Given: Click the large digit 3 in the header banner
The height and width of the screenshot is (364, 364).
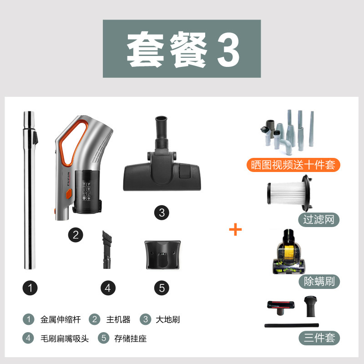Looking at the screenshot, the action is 228,50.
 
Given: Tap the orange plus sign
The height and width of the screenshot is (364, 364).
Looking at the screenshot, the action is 235,229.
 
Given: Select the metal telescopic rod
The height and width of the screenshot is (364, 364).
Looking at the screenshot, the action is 30,190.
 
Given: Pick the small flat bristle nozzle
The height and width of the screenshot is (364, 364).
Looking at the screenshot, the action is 107,249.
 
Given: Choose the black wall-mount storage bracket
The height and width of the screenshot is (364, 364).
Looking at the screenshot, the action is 162,255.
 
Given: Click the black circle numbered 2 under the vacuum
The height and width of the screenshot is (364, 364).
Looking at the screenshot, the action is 76,235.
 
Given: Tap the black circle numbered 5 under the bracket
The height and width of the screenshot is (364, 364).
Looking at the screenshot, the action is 162,288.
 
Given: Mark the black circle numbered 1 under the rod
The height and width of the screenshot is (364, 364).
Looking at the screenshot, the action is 30,288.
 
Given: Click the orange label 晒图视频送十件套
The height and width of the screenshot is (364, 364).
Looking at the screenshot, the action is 293,165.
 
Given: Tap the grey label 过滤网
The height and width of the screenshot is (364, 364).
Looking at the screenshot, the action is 319,220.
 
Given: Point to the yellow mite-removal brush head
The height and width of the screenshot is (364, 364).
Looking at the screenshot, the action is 288,252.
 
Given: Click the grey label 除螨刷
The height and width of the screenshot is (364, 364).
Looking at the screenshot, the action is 319,282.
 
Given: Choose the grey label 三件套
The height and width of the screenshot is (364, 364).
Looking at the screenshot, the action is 319,338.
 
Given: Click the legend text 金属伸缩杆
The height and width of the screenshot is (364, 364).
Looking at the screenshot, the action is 61,319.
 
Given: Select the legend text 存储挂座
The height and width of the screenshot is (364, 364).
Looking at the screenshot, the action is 131,339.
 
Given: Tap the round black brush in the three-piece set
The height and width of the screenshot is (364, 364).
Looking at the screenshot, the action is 311,306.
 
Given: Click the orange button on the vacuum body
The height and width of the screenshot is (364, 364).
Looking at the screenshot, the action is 69,194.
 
